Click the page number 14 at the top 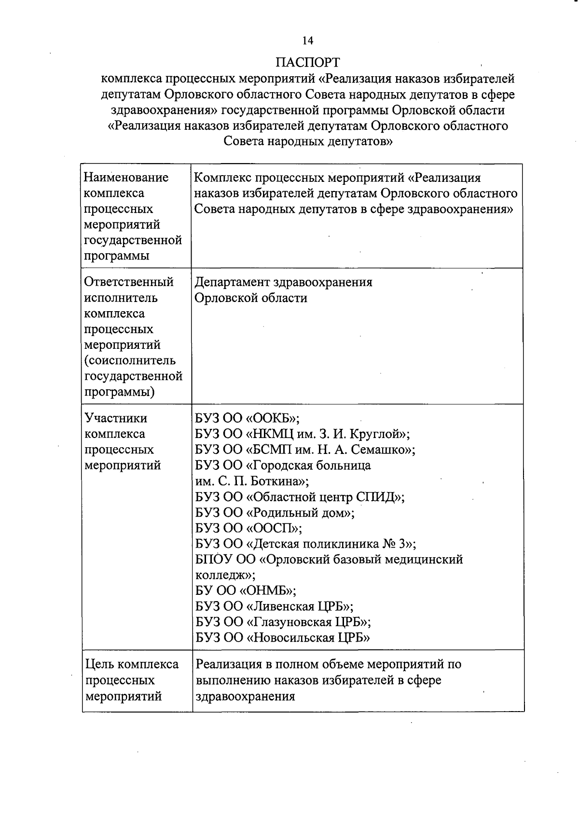click(x=308, y=41)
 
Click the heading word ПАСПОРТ click(x=308, y=63)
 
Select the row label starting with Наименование click(x=126, y=178)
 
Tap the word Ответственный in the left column click(x=129, y=282)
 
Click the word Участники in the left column click(x=116, y=418)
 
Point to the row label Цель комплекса click(x=132, y=664)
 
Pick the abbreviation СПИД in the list click(x=376, y=497)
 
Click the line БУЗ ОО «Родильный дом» click(x=275, y=513)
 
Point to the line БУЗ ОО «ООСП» click(x=248, y=528)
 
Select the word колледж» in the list click(x=225, y=576)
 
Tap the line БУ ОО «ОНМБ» click(x=246, y=591)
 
